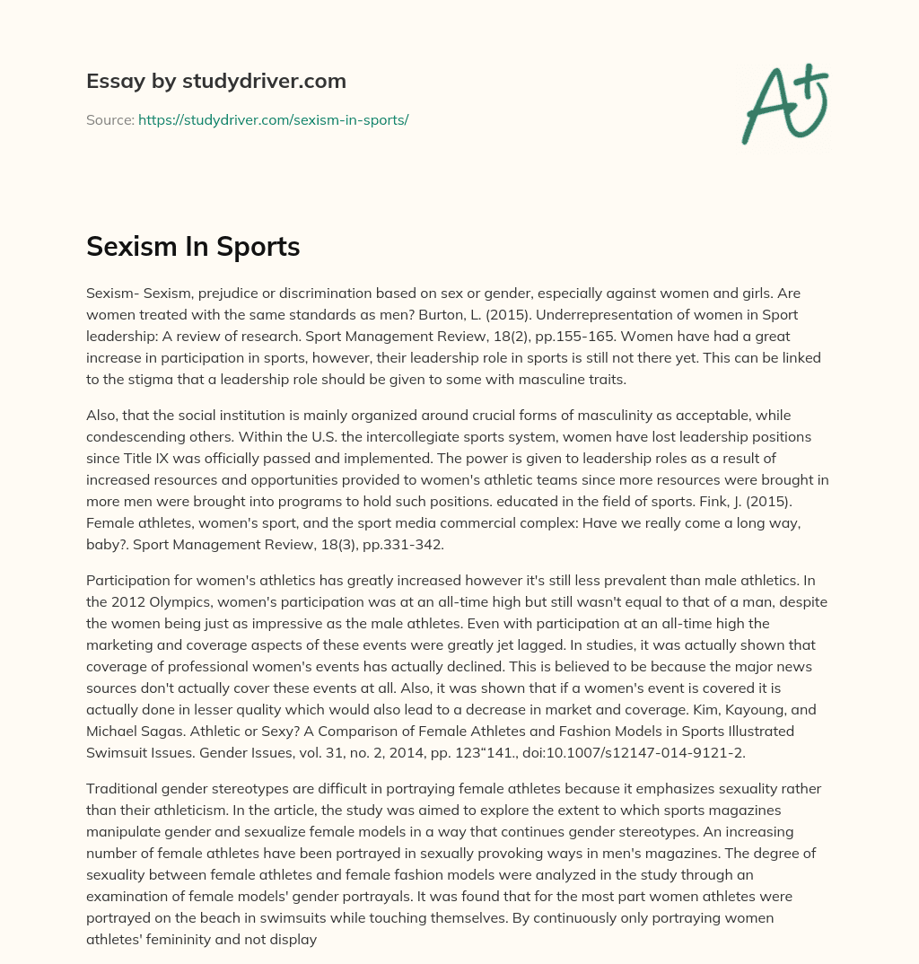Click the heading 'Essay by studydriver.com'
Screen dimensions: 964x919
(x=215, y=81)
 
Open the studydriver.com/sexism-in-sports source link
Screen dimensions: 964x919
(x=273, y=119)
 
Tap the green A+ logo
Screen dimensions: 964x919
(x=783, y=103)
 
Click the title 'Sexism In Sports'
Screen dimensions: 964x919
(x=193, y=247)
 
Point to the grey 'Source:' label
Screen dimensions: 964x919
(x=109, y=119)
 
